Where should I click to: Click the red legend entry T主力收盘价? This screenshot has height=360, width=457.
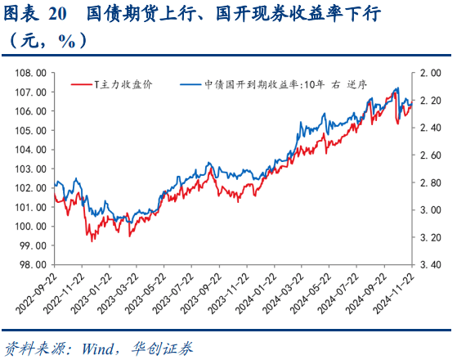[123, 84]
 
